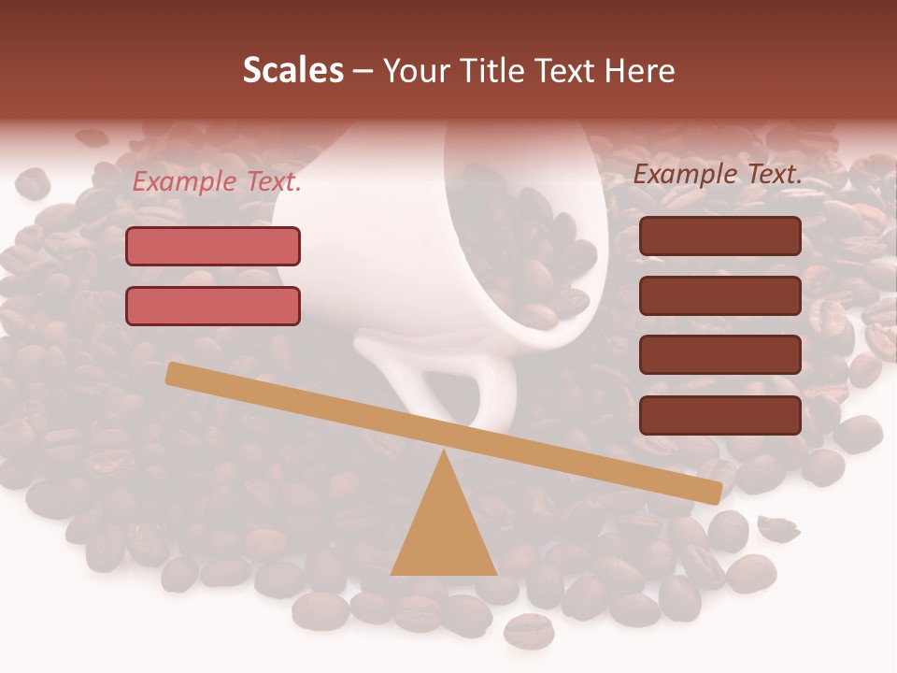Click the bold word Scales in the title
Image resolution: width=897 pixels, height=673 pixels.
(x=292, y=70)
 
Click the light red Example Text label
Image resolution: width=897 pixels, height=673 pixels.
(x=217, y=182)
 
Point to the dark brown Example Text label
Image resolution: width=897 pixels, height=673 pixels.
(x=718, y=174)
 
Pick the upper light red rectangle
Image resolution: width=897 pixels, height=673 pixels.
(x=213, y=246)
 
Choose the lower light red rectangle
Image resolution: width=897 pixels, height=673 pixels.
(x=213, y=306)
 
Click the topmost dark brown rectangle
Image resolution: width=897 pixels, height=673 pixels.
(x=720, y=236)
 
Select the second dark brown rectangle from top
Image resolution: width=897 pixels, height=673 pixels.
(x=720, y=295)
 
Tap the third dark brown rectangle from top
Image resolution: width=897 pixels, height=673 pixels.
(x=720, y=355)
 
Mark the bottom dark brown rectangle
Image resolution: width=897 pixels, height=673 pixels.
(x=720, y=415)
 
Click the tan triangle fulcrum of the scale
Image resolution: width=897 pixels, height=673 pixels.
(x=444, y=533)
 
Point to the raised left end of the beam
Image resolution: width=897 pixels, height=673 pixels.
(x=174, y=373)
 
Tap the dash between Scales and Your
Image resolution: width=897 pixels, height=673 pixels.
(x=363, y=71)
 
